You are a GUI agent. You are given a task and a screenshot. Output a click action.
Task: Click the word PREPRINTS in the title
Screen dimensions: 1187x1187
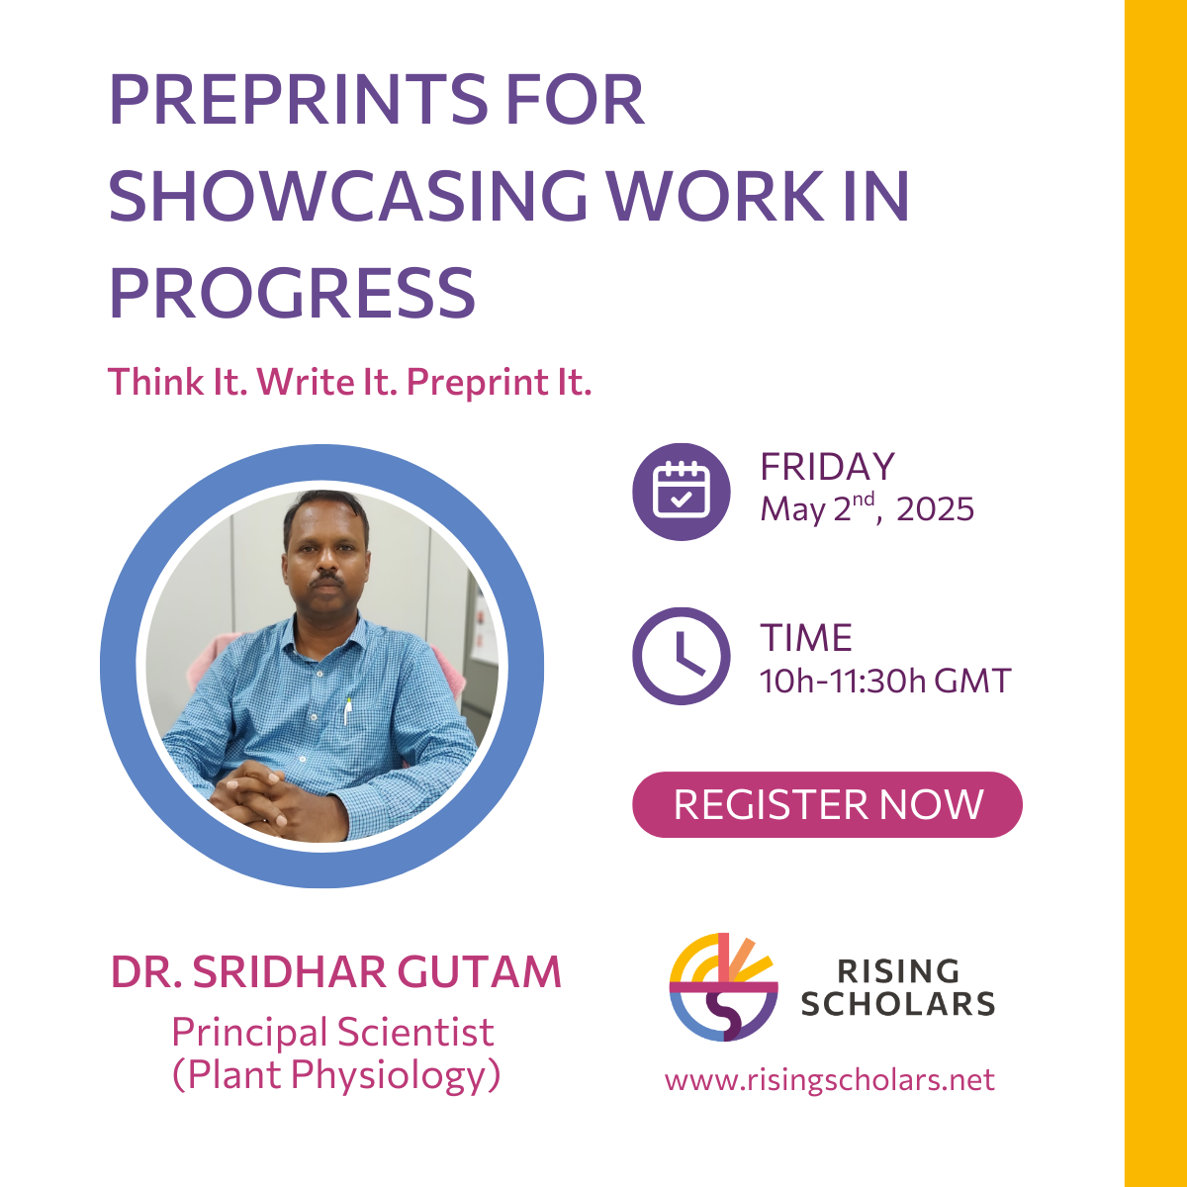pyautogui.click(x=299, y=100)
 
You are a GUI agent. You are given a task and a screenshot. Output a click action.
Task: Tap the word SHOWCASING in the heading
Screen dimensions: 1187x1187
pyautogui.click(x=348, y=195)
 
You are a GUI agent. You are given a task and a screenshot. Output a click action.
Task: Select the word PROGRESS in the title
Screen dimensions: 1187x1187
pyautogui.click(x=292, y=292)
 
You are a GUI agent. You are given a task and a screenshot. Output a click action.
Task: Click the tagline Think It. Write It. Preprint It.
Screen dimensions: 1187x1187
pyautogui.click(x=349, y=382)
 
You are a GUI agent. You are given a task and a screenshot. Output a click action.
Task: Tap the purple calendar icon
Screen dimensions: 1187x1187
pyautogui.click(x=681, y=492)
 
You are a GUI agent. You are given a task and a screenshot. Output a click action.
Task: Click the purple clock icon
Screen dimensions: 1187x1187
pyautogui.click(x=681, y=656)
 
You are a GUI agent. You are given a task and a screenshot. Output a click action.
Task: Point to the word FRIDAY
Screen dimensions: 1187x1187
pyautogui.click(x=827, y=466)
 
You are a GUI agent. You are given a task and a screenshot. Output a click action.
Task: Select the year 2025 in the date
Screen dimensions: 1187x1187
pyautogui.click(x=935, y=509)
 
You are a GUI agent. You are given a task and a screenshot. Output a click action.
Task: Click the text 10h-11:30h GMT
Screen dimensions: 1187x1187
pyautogui.click(x=885, y=681)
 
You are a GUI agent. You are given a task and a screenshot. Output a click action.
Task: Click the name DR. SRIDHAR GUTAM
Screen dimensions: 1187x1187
pyautogui.click(x=335, y=972)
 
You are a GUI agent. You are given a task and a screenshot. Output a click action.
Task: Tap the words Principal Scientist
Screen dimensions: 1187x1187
pyautogui.click(x=332, y=1033)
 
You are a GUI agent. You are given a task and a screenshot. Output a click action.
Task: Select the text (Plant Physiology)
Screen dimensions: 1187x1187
pyautogui.click(x=336, y=1075)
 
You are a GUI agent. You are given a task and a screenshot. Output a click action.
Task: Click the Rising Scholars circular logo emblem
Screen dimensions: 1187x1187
pyautogui.click(x=723, y=987)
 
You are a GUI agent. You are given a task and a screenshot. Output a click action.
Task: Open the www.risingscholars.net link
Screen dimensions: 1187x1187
pyautogui.click(x=829, y=1080)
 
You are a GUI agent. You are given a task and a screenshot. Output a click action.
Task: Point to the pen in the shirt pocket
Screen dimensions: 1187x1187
pyautogui.click(x=347, y=711)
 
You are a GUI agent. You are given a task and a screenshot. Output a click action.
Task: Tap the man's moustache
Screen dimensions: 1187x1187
pyautogui.click(x=326, y=581)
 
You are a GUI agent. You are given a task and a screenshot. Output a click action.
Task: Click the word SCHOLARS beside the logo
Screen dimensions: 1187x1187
pyautogui.click(x=897, y=1004)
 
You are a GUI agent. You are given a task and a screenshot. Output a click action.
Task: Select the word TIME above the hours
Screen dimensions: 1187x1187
pyautogui.click(x=806, y=638)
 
